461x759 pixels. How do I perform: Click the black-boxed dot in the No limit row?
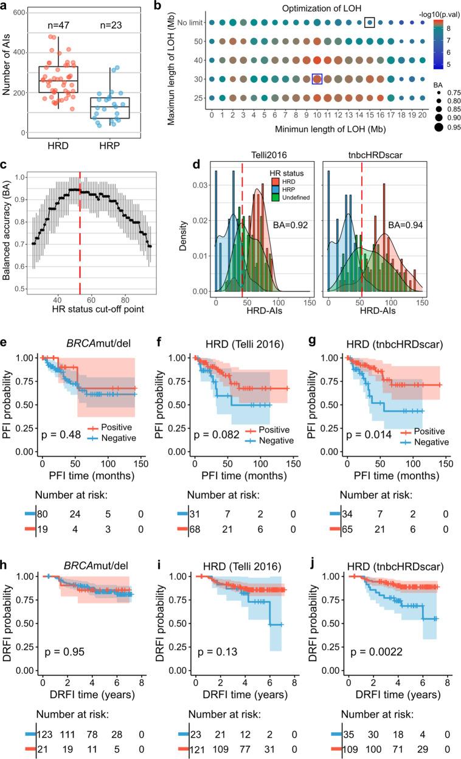pos(369,23)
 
